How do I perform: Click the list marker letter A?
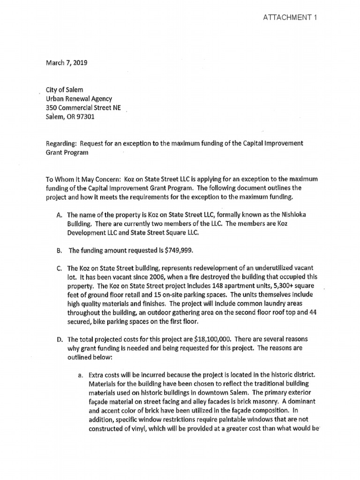[59, 215]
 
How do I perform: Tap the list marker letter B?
[59, 251]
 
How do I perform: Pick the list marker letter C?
[59, 269]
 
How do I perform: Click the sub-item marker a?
[80, 375]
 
